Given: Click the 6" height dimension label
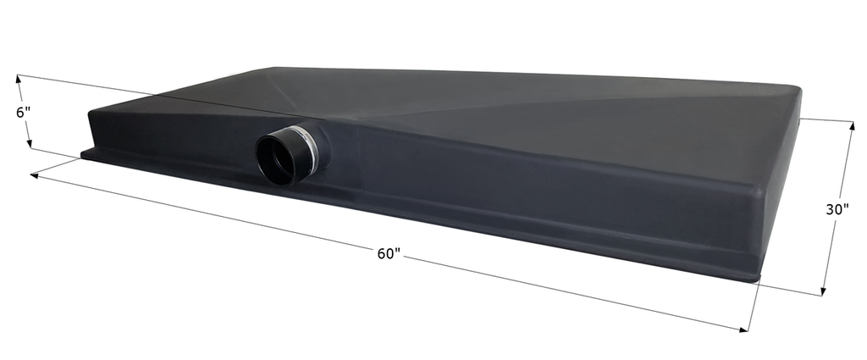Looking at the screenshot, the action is coord(23,113).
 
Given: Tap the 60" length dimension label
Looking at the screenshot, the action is coord(389,253).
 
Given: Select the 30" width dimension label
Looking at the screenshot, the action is coord(837,209).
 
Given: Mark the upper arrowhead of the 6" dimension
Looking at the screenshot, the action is coord(19,80).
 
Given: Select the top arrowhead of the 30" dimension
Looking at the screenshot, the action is coord(852,127).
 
